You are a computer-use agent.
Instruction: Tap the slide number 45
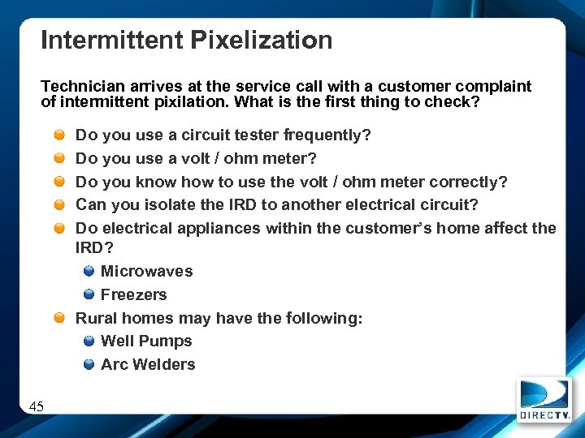click(x=37, y=406)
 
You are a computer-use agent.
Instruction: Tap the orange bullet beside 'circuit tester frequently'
click(x=61, y=135)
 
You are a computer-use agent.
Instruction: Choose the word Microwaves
click(x=146, y=271)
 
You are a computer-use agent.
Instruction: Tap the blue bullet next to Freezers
click(x=89, y=294)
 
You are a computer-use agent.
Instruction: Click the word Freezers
click(x=133, y=294)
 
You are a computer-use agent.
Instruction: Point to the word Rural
click(x=97, y=318)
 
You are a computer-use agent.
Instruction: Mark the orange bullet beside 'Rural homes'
click(x=61, y=318)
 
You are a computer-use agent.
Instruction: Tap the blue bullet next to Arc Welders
click(x=89, y=365)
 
